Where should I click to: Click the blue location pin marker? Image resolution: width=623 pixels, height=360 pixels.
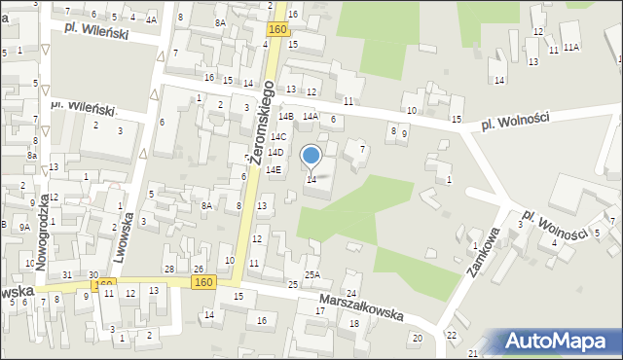click(x=311, y=156)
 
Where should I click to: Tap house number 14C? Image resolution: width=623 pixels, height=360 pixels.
click(x=278, y=137)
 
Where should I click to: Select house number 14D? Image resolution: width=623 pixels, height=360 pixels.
click(x=275, y=153)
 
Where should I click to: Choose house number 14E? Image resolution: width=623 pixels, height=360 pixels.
click(x=275, y=170)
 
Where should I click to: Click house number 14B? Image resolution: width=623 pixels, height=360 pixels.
click(x=285, y=117)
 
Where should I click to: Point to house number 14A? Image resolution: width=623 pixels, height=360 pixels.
click(x=310, y=117)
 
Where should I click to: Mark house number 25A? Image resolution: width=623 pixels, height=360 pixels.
click(x=311, y=275)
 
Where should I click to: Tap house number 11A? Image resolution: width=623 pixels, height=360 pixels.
click(x=571, y=48)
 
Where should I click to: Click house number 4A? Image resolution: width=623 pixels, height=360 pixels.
click(x=151, y=19)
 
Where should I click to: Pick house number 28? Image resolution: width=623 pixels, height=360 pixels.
click(x=168, y=269)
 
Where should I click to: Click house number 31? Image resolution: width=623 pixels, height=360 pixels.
click(x=67, y=275)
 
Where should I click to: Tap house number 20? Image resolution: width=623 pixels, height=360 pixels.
click(x=417, y=338)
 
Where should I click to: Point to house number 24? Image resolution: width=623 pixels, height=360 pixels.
click(x=351, y=294)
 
